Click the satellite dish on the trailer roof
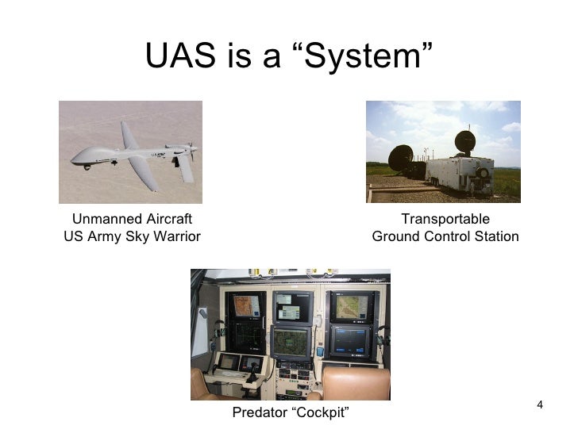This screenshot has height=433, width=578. click(464, 142)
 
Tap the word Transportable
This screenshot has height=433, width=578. click(445, 219)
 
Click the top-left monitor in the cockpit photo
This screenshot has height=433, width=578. click(246, 305)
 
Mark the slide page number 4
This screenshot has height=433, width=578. click(540, 406)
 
